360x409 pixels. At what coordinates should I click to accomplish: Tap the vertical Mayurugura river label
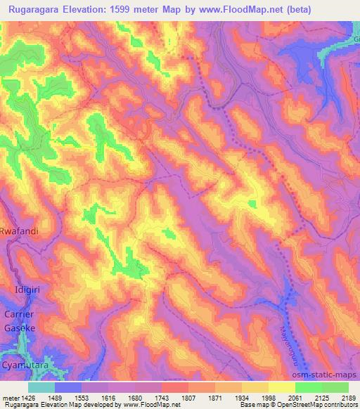point(288,342)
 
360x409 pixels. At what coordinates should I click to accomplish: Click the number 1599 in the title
point(138,10)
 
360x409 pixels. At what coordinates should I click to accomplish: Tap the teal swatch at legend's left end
point(41,387)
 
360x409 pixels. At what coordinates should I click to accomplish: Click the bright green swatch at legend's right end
point(335,387)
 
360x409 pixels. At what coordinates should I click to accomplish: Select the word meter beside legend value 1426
point(8,397)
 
